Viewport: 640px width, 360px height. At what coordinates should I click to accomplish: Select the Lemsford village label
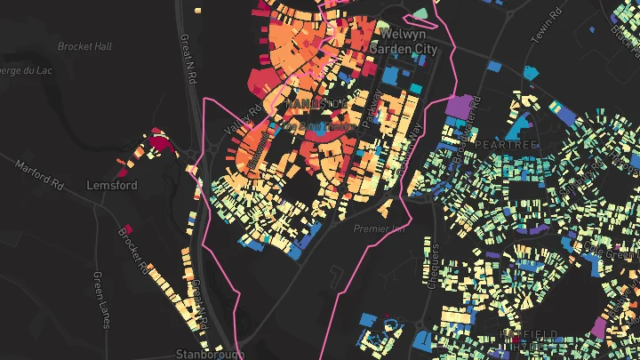[111, 185]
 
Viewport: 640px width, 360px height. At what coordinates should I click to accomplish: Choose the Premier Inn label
[379, 228]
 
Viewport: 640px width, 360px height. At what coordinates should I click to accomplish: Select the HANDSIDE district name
[316, 104]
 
